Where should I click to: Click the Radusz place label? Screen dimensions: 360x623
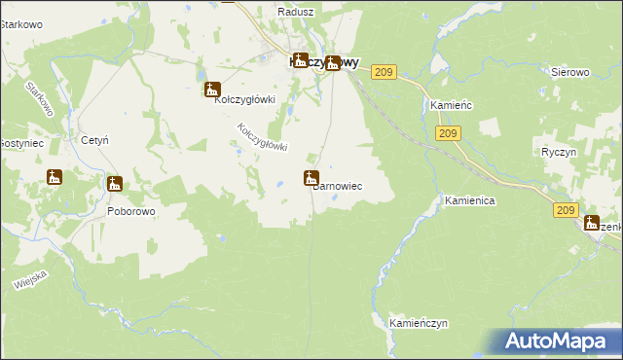tap(294, 12)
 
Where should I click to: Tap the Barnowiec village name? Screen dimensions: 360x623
tap(337, 187)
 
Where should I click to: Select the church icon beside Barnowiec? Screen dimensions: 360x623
tap(311, 178)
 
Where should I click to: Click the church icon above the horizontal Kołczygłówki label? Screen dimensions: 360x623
tap(212, 90)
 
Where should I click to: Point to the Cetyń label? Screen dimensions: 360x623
tap(94, 141)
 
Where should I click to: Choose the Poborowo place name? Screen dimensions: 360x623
tap(131, 209)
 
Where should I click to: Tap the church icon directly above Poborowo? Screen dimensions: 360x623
tap(116, 184)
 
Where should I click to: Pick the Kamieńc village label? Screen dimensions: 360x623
tap(451, 105)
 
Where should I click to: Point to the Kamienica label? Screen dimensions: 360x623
tap(471, 200)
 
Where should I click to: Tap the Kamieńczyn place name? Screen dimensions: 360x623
tap(418, 321)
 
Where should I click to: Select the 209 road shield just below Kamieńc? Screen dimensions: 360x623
tap(449, 133)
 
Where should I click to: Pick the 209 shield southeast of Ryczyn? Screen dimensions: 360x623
tap(567, 209)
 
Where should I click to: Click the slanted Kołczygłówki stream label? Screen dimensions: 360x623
tap(263, 136)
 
